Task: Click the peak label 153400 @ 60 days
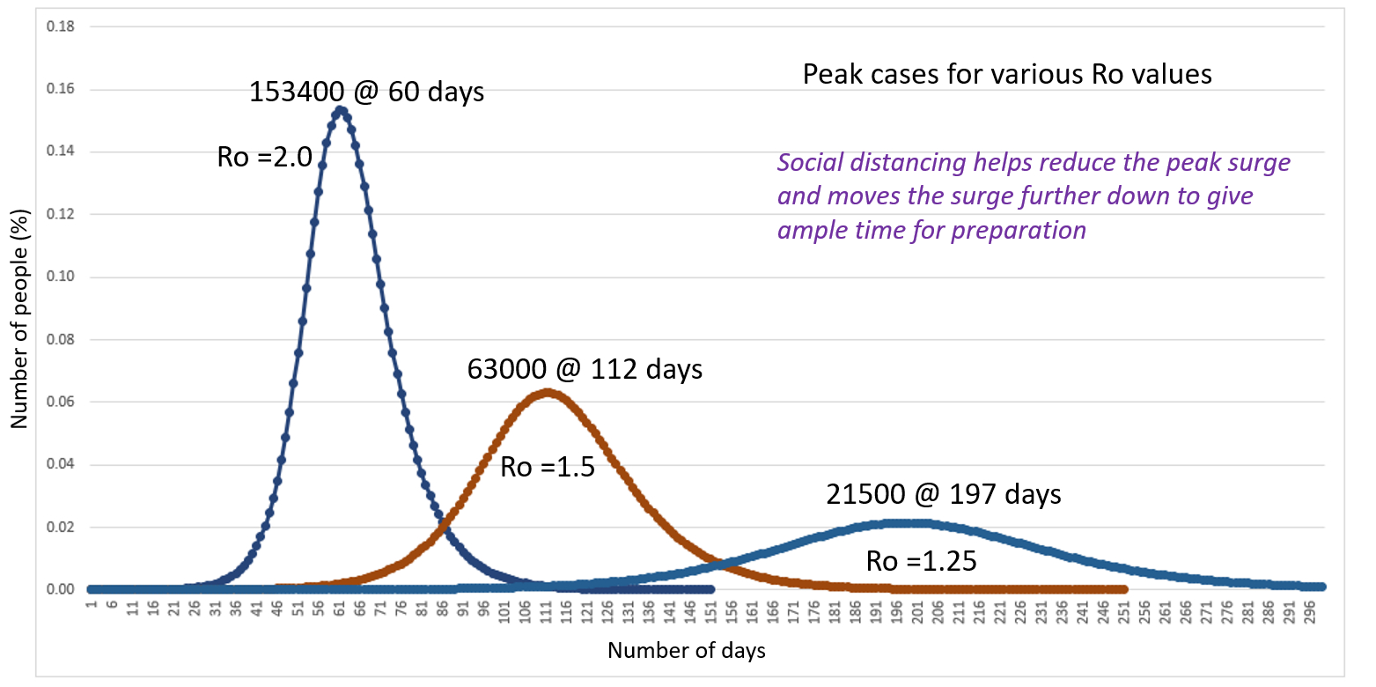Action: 366,92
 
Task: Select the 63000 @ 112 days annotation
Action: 585,368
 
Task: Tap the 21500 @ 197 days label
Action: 943,494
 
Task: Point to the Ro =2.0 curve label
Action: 264,158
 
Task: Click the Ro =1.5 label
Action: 548,466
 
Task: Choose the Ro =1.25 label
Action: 921,561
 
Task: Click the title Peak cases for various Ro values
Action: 1006,74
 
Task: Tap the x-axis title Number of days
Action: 686,652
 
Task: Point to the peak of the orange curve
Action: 548,393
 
